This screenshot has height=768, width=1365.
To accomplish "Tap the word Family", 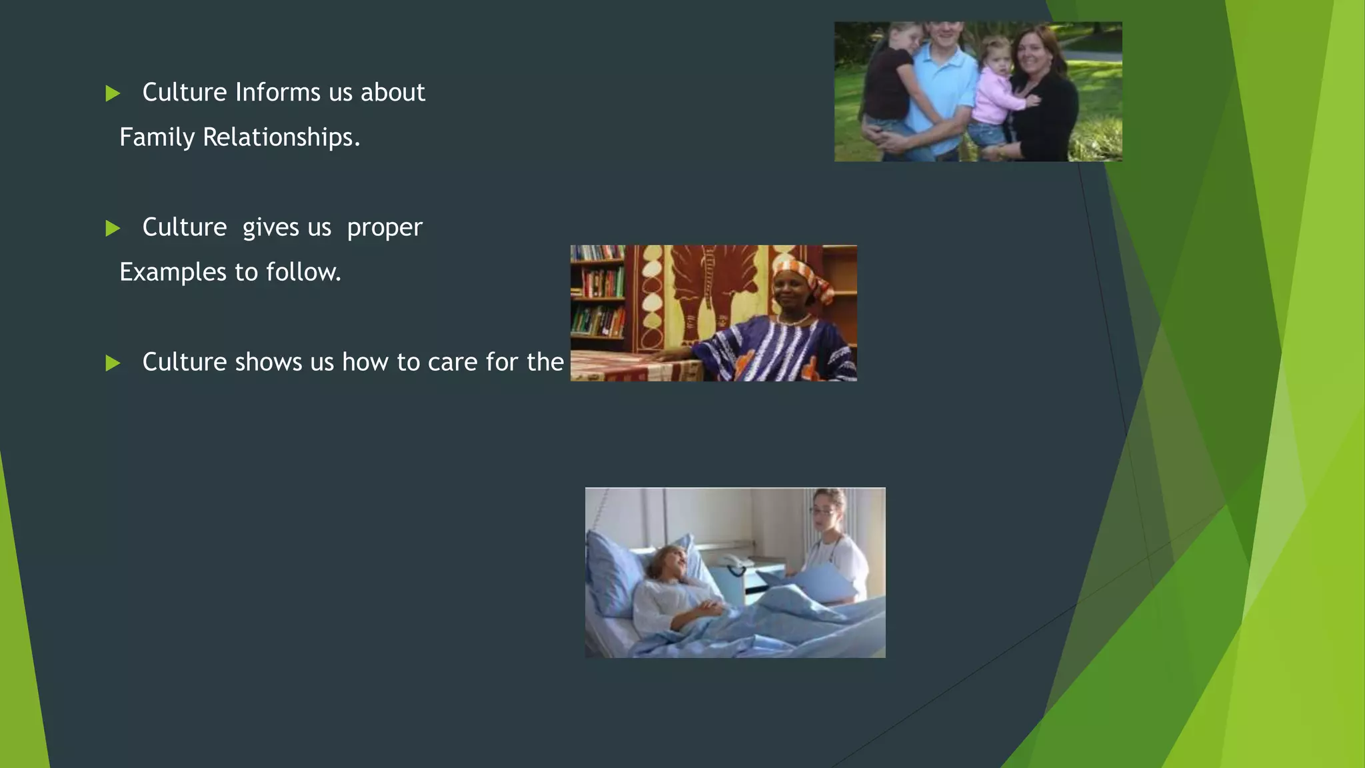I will click(157, 137).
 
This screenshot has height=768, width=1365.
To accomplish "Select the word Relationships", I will click(281, 137).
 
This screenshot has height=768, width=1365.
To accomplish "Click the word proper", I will click(385, 228).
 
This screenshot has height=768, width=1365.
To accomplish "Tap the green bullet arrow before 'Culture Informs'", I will click(113, 93).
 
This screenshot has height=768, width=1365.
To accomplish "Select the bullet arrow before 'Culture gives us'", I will click(113, 229).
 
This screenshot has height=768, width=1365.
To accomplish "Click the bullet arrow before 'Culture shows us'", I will click(113, 363).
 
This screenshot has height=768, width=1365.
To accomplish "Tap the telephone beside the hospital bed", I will click(735, 564).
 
